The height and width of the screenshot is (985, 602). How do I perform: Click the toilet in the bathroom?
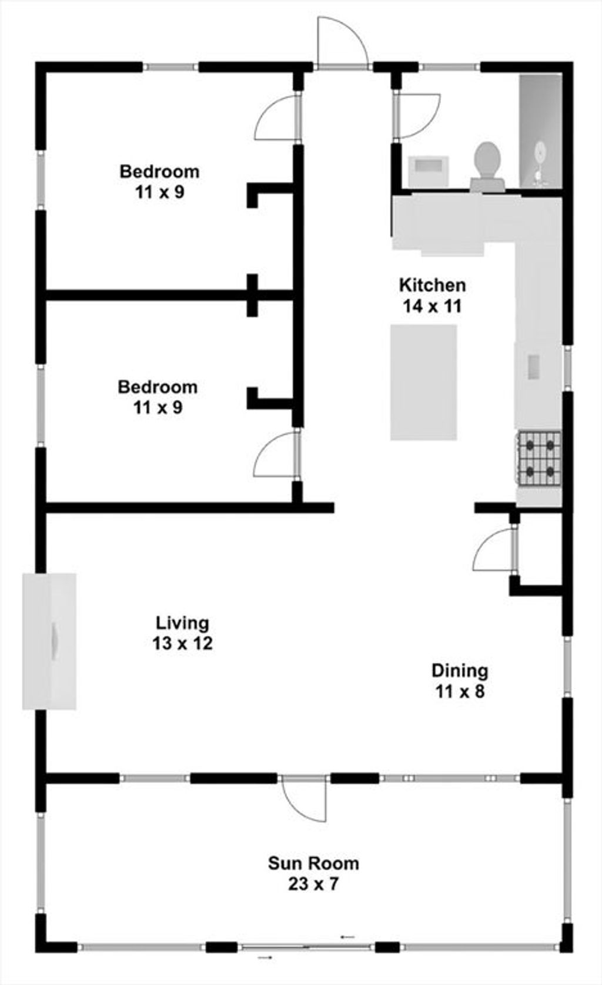(487, 167)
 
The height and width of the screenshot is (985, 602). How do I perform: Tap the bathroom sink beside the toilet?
(429, 170)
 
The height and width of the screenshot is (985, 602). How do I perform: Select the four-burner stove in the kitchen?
(540, 459)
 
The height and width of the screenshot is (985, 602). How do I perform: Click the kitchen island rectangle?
(423, 382)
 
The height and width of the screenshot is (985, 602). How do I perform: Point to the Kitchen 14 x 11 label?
(432, 295)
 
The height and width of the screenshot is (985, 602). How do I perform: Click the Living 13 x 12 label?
(183, 633)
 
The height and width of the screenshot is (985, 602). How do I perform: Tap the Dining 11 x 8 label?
(460, 681)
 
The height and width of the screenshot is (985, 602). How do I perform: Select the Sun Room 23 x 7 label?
(313, 873)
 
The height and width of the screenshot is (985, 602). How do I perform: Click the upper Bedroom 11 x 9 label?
(159, 181)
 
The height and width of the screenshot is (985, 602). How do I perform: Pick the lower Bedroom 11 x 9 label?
(158, 397)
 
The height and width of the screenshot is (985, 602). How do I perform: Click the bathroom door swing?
(417, 115)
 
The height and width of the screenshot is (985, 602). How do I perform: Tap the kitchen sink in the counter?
(533, 367)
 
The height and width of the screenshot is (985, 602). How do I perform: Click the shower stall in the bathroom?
(540, 131)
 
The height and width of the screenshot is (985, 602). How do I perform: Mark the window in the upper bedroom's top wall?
(170, 68)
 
